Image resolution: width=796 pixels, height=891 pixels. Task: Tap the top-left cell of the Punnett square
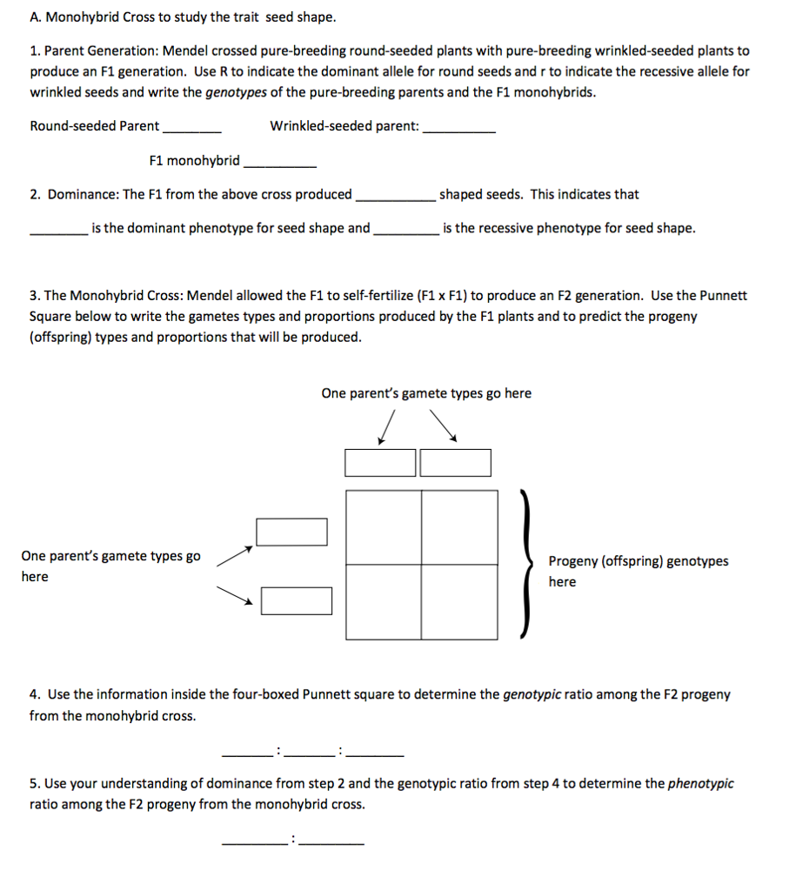[385, 527]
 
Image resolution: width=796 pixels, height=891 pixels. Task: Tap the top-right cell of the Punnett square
[460, 527]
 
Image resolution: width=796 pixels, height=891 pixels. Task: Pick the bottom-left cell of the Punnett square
[385, 601]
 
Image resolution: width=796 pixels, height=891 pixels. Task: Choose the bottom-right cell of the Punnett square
[460, 601]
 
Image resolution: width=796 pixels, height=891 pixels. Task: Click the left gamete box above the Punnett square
[380, 463]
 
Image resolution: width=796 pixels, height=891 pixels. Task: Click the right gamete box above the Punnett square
[456, 463]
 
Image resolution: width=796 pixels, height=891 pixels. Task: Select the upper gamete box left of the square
[291, 532]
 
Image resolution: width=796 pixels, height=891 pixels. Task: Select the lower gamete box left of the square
[297, 600]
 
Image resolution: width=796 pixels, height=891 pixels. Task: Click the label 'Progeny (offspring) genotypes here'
[638, 571]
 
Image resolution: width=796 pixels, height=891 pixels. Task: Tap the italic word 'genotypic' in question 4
[532, 694]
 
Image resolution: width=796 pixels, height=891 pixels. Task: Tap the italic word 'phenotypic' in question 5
[700, 783]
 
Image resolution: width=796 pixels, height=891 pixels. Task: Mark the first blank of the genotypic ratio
[249, 752]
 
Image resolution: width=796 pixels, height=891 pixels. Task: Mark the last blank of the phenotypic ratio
[331, 841]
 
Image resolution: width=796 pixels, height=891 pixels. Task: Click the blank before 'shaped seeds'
[394, 198]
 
